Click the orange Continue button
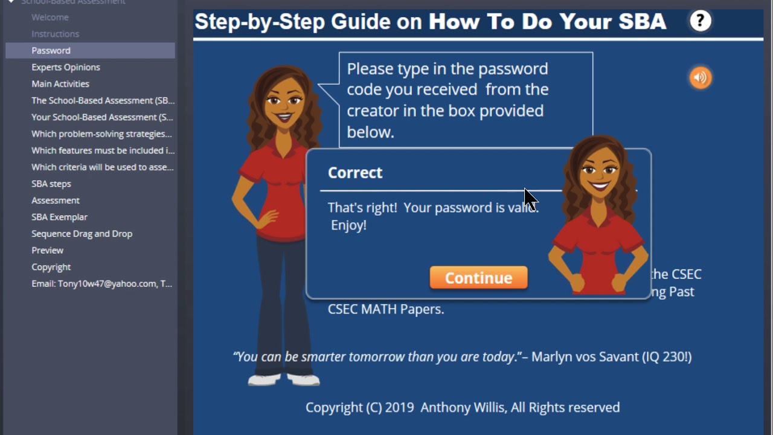pyautogui.click(x=478, y=278)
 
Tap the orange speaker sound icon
pyautogui.click(x=701, y=77)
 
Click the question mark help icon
pyautogui.click(x=701, y=22)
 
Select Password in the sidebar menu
pyautogui.click(x=51, y=51)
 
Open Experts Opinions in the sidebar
pyautogui.click(x=66, y=67)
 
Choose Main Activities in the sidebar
pyautogui.click(x=60, y=84)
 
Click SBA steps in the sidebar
pyautogui.click(x=51, y=184)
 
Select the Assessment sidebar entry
pyautogui.click(x=56, y=201)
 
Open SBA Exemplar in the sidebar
pyautogui.click(x=59, y=217)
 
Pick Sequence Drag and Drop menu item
pyautogui.click(x=82, y=234)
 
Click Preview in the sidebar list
pyautogui.click(x=47, y=250)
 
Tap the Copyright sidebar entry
pyautogui.click(x=51, y=267)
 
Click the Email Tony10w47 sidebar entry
pyautogui.click(x=101, y=283)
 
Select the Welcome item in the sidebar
pyautogui.click(x=50, y=18)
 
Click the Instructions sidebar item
pyautogui.click(x=55, y=34)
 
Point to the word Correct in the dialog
pyautogui.click(x=355, y=173)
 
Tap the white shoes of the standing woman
pyautogui.click(x=284, y=379)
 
